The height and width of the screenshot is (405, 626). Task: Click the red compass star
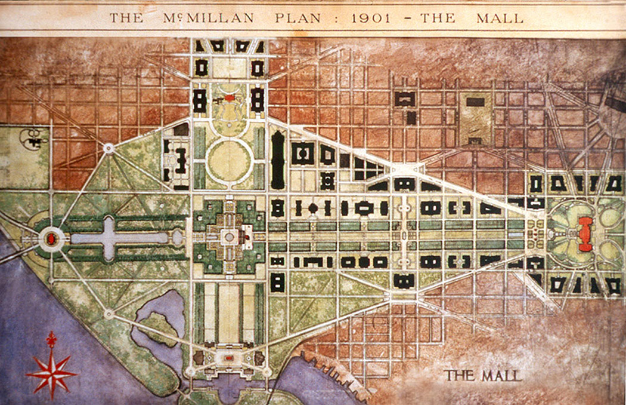click(51, 374)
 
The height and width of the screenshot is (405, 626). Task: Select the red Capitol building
click(585, 234)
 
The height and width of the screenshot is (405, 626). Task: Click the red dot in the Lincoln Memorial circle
click(51, 239)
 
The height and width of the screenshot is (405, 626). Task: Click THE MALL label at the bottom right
click(482, 375)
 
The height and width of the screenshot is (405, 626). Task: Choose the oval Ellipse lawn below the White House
click(230, 159)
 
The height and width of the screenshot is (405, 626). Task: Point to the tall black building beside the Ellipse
click(278, 160)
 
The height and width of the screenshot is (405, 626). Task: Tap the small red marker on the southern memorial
click(229, 358)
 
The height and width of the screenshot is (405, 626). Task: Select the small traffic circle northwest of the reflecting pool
click(109, 148)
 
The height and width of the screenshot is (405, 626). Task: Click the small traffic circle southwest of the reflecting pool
click(109, 313)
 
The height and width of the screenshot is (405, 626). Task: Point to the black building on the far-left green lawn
click(30, 139)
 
